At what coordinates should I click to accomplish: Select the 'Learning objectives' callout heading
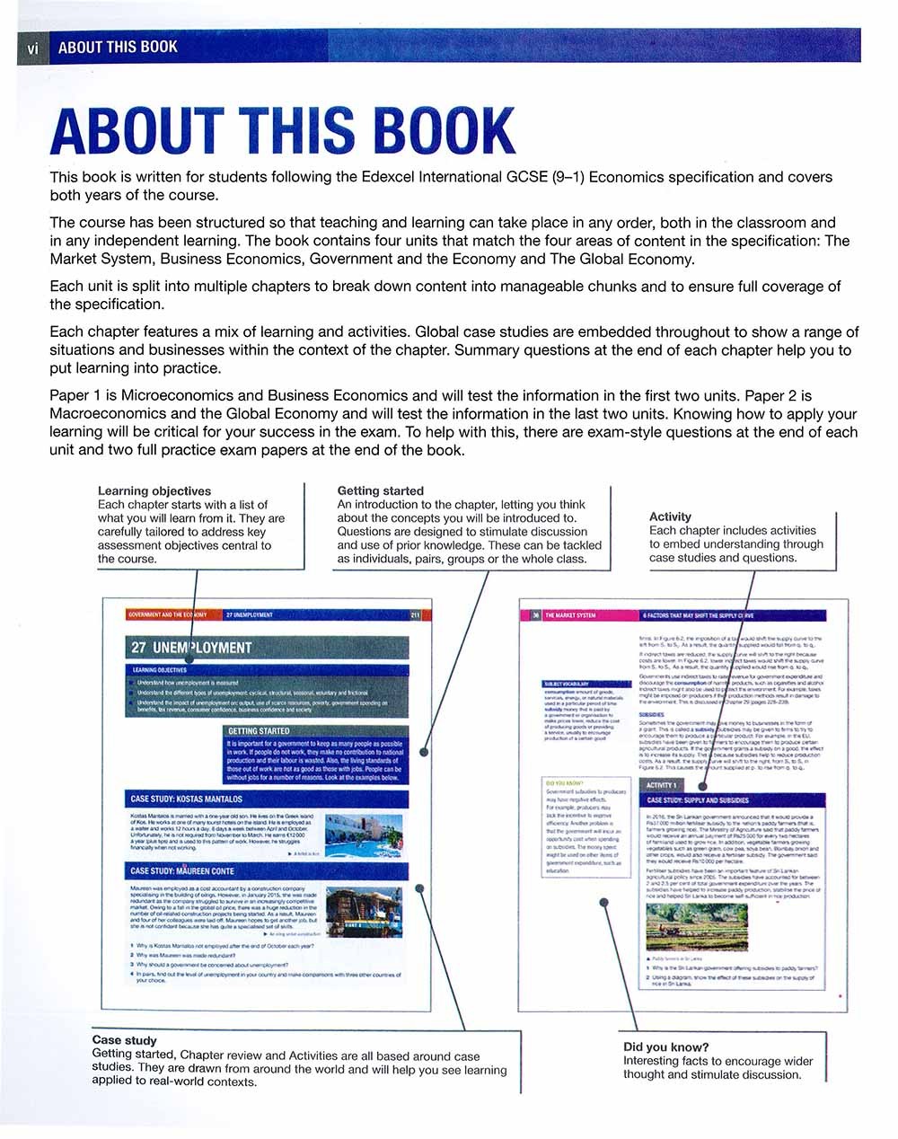click(x=154, y=491)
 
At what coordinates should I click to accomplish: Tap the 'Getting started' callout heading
click(x=380, y=491)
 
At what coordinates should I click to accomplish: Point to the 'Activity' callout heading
click(x=670, y=517)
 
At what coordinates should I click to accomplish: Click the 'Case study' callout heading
click(x=124, y=1040)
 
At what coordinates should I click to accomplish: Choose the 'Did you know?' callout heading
click(x=665, y=1047)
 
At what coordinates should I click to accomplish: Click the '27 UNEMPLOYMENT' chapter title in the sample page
click(x=191, y=648)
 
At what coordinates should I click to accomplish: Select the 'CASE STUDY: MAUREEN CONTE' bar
click(x=182, y=870)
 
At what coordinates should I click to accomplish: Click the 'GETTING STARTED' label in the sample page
click(x=259, y=731)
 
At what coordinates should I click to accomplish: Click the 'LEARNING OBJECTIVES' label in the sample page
click(x=160, y=670)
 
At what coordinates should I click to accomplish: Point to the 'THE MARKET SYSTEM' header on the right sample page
click(x=571, y=616)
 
